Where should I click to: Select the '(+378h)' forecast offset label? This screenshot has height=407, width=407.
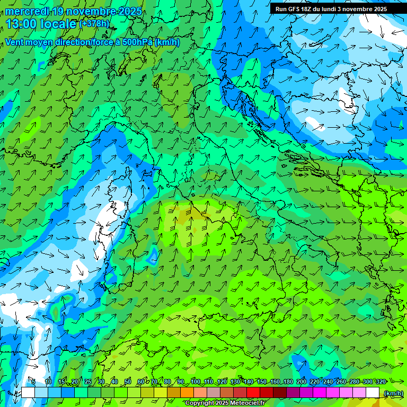(94, 24)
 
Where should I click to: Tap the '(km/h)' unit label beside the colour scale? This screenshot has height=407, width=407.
(393, 393)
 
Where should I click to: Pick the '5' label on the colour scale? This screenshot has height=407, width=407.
(33, 382)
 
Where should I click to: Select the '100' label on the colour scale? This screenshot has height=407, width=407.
(195, 382)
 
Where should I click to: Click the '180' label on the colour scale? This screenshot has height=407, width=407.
(288, 382)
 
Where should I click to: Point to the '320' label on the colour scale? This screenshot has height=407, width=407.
(381, 382)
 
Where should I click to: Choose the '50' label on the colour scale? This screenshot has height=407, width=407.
(128, 382)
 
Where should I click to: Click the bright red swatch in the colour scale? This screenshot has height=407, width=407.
(253, 392)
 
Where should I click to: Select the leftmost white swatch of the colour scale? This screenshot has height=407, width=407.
(28, 392)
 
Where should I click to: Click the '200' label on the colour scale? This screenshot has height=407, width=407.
(302, 382)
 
